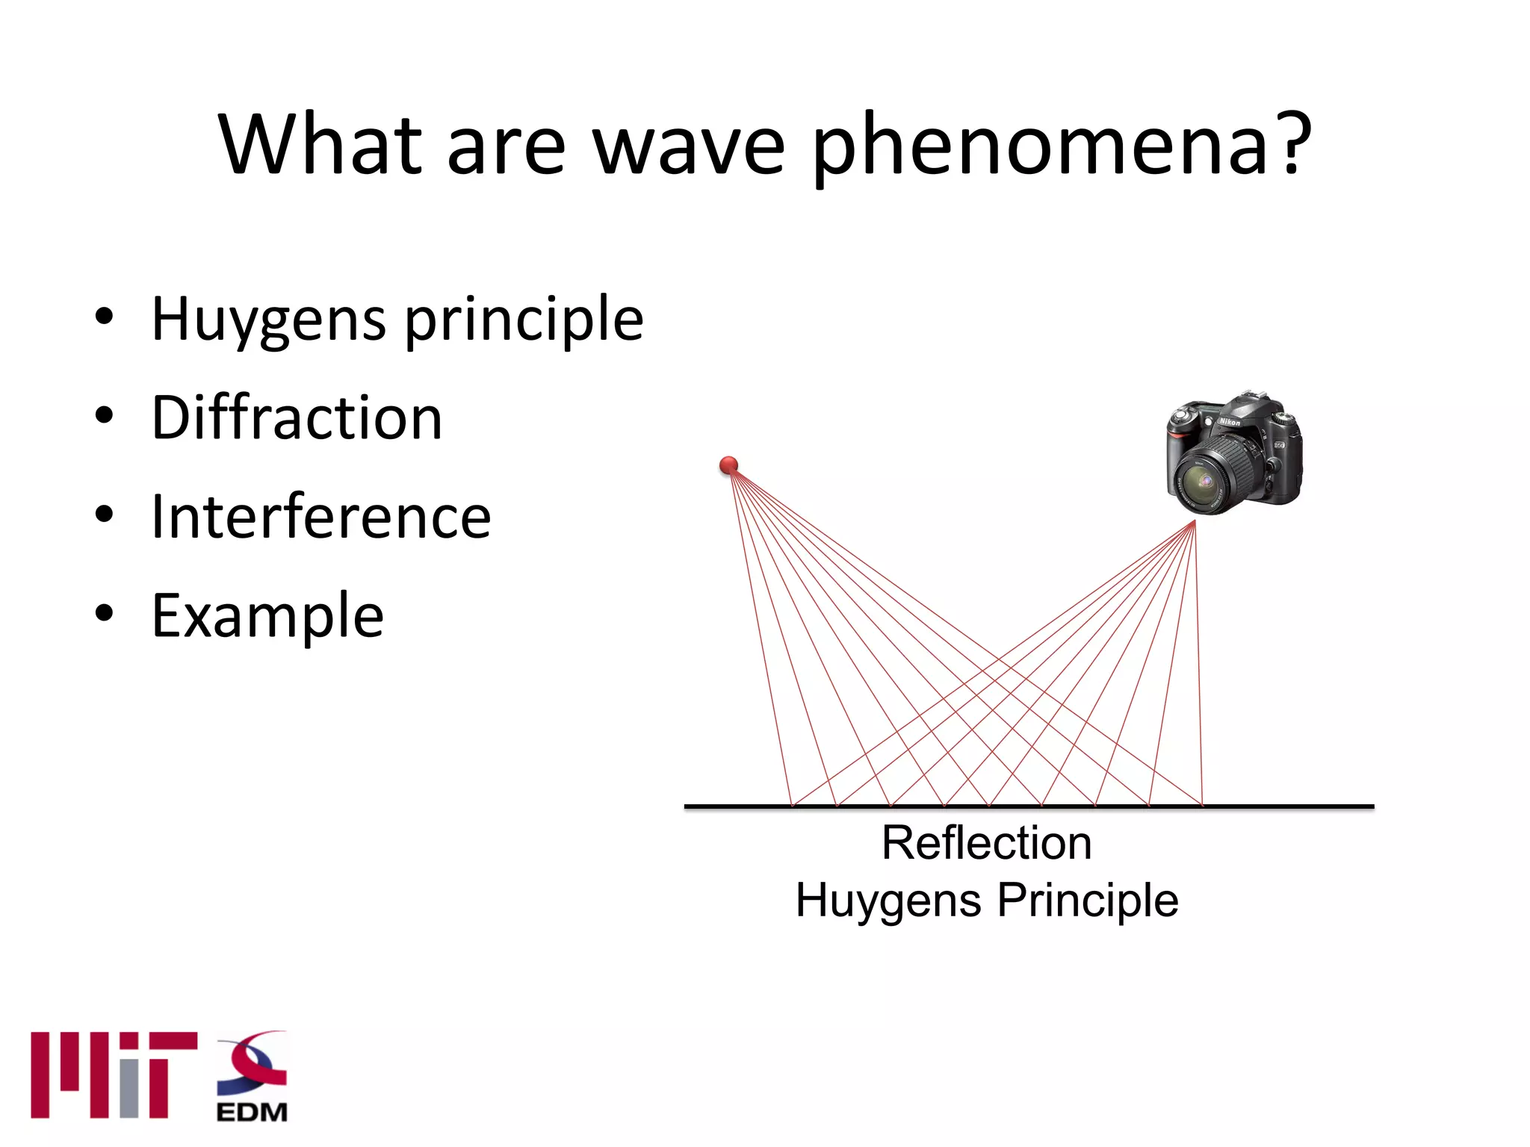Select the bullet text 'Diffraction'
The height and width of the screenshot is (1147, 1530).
click(x=297, y=417)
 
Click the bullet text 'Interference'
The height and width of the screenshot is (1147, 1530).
click(x=320, y=517)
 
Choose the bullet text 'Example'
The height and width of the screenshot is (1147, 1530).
click(x=267, y=617)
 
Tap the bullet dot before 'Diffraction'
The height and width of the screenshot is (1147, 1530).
click(x=104, y=414)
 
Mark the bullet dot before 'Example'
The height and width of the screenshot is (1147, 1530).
click(x=104, y=613)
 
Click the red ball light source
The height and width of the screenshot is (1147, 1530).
click(x=728, y=466)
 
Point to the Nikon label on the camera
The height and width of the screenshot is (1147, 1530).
click(x=1229, y=423)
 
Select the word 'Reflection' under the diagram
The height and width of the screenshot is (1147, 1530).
click(x=986, y=844)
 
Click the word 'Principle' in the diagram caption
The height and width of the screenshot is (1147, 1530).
click(x=1088, y=901)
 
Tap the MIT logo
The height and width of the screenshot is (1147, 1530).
click(x=114, y=1075)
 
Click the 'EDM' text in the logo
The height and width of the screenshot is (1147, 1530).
click(x=252, y=1113)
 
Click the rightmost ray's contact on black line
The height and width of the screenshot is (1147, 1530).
click(x=1202, y=805)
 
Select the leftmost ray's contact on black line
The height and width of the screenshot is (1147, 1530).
click(x=792, y=805)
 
